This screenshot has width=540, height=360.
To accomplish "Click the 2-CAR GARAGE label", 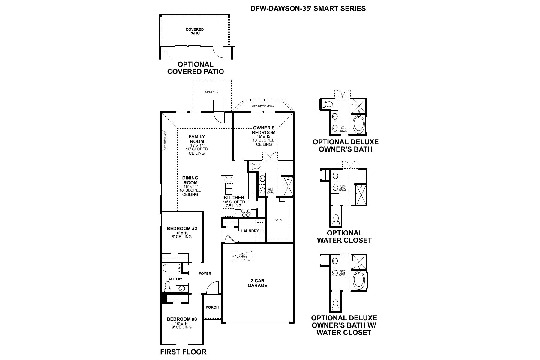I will point(257,283).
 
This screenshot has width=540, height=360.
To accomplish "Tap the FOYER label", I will point(205,274).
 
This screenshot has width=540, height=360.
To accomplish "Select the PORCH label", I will point(212,307).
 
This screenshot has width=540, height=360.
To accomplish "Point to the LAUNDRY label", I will point(250,231).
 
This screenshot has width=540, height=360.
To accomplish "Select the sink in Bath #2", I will point(181,289).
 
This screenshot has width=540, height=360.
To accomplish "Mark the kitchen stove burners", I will point(246,213).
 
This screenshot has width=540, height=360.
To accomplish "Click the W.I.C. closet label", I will point(279,220).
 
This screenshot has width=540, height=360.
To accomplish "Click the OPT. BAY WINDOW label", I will point(263,106).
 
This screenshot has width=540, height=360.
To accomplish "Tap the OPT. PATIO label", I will point(212,92).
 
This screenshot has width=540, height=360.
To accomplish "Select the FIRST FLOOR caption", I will point(183,352).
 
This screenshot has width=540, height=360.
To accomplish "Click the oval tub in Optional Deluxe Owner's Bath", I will point(358,124).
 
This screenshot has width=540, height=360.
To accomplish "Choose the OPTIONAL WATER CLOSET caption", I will point(344,237).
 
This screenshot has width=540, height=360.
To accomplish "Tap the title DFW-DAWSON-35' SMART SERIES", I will point(308,8).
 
